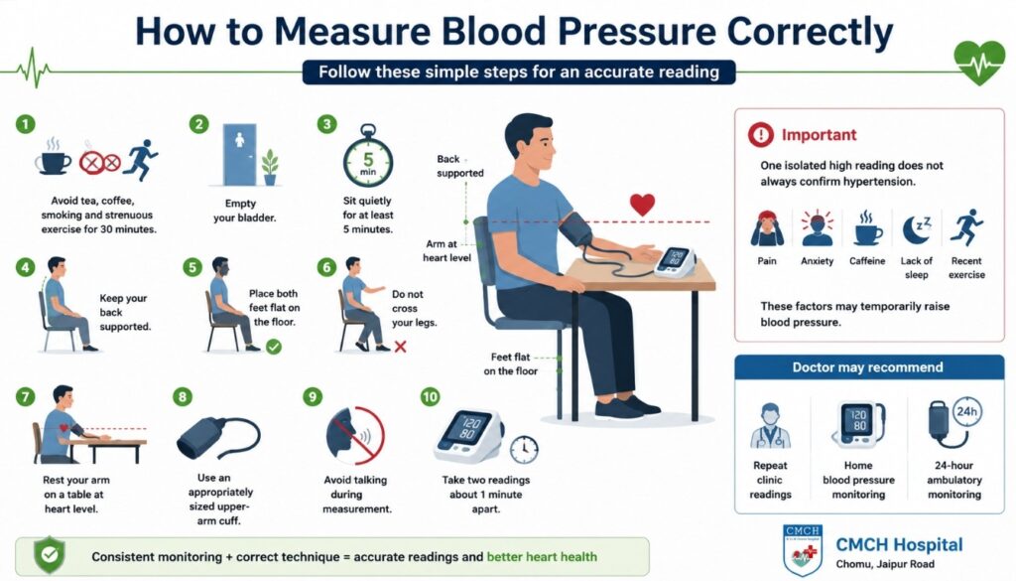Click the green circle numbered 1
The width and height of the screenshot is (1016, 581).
[25, 124]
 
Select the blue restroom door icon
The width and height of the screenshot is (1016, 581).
[240, 155]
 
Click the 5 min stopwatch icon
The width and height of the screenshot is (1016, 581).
[368, 156]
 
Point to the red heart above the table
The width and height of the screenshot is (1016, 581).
[642, 205]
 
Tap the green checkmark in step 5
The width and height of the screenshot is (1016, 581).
[274, 347]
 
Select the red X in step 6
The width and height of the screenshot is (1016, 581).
[401, 347]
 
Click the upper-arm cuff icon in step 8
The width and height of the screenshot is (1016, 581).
[218, 438]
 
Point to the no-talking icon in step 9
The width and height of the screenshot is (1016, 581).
[355, 436]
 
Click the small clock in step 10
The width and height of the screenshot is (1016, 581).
[524, 449]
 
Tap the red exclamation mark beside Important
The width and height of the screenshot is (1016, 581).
[761, 135]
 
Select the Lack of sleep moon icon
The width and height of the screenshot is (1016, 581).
[917, 229]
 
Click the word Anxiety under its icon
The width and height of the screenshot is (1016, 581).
[818, 260]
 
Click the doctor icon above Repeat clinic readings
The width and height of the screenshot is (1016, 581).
[770, 426]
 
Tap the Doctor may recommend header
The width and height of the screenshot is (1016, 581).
[869, 367]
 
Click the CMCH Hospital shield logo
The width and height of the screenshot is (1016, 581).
[803, 550]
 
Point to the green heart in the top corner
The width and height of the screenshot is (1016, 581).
[979, 63]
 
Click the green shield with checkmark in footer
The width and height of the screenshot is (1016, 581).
[50, 555]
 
